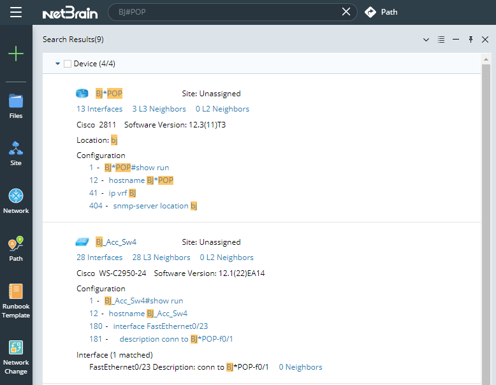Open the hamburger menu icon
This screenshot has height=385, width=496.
click(16, 12)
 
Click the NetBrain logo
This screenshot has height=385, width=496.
click(69, 12)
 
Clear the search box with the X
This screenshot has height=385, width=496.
click(346, 11)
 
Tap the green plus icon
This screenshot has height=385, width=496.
click(16, 54)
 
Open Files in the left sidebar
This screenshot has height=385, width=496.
click(16, 105)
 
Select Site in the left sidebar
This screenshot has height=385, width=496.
click(16, 153)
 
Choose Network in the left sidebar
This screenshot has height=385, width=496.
click(16, 201)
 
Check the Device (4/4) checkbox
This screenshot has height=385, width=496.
click(68, 64)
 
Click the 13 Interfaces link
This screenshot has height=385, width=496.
click(99, 109)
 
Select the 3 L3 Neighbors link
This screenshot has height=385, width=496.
click(159, 109)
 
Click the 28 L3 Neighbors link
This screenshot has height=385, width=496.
click(161, 258)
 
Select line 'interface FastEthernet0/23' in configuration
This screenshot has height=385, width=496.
click(160, 326)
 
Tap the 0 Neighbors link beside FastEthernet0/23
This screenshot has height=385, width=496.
click(300, 367)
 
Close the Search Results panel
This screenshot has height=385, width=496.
click(485, 40)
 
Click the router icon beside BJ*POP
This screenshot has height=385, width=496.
click(83, 94)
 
